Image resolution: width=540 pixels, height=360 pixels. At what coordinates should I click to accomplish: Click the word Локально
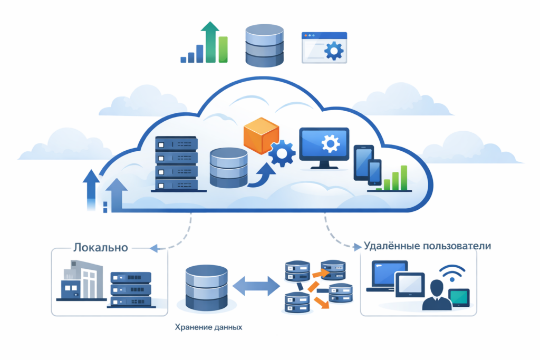pos(101,247)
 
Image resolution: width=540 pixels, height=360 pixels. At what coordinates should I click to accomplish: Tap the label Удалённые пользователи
pos(428,246)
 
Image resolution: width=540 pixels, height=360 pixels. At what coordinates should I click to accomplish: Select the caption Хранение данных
pos(208,327)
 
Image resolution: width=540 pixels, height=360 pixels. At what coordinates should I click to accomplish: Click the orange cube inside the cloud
pos(261,135)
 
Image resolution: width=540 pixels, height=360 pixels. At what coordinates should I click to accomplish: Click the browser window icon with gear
pos(324,48)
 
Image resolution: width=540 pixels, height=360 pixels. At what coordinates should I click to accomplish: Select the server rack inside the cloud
pos(177,163)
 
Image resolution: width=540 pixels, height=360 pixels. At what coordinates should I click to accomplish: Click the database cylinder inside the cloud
pos(228,167)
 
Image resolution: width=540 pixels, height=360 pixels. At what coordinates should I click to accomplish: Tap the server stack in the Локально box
pos(130,289)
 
